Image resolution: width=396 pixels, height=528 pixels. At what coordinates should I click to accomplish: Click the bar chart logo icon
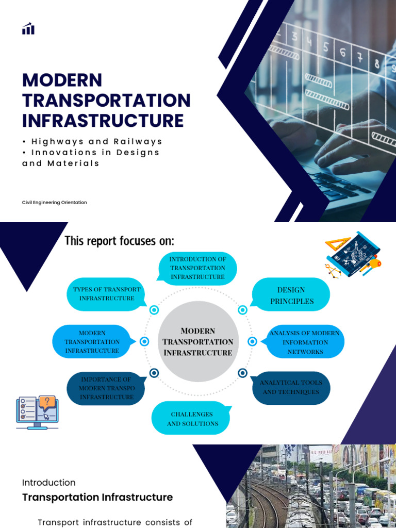coord(28,29)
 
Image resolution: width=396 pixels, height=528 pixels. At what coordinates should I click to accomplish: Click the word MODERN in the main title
coord(62,80)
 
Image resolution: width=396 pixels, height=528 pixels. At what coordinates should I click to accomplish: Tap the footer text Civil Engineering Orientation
coord(54,203)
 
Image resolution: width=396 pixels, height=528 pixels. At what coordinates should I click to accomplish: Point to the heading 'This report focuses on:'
coord(119,241)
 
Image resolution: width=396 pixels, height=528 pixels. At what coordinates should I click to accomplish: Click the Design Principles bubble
coord(291,295)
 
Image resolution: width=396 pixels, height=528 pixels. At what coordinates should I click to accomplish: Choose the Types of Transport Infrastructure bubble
coord(107,294)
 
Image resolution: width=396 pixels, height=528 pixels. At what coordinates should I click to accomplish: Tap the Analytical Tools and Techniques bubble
coord(291,387)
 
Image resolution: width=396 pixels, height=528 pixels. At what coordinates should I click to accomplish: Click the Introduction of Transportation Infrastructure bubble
coord(197,268)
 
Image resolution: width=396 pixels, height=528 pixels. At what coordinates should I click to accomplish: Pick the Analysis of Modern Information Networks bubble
coord(305,342)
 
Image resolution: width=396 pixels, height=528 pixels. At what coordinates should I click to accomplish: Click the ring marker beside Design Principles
coord(243,310)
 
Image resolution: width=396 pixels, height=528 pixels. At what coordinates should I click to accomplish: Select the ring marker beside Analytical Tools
coord(243,372)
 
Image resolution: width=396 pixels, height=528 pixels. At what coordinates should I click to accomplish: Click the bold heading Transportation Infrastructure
coord(97,498)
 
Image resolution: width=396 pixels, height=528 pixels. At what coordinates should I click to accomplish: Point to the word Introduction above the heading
coord(49,483)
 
